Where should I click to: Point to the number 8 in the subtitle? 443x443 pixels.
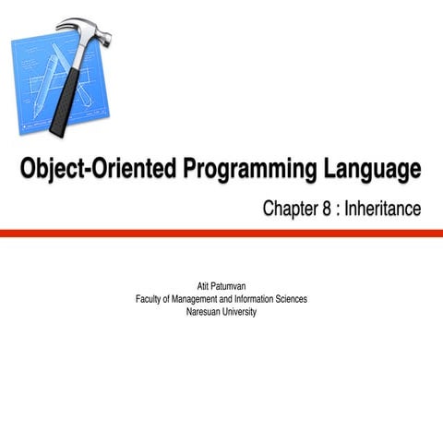(x=327, y=210)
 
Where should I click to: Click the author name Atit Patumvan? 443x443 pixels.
(x=221, y=286)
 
